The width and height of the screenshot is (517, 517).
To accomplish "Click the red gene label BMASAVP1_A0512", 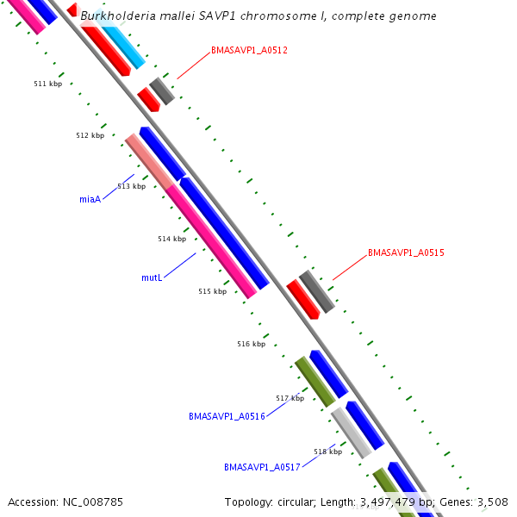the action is [249, 50].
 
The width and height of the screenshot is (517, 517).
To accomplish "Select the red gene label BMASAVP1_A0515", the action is [406, 252].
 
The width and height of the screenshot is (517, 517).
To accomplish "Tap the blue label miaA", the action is [90, 199].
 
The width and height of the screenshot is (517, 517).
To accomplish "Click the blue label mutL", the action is [152, 278].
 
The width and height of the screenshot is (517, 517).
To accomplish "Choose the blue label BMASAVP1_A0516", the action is [227, 416].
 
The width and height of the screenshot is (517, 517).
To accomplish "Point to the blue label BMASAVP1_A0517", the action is [262, 467].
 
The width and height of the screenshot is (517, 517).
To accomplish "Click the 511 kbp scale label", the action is [47, 84].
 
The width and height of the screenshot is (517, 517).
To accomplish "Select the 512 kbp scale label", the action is [90, 135].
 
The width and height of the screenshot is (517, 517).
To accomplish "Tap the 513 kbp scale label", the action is [131, 186].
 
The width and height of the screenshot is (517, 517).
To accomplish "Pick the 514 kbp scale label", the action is [171, 239].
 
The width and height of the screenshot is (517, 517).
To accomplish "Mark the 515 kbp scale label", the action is [212, 291].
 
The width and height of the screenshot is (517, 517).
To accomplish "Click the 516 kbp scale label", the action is [251, 344].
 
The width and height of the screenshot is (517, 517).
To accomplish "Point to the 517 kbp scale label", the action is [290, 398].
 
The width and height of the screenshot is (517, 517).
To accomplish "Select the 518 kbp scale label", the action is [327, 452].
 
